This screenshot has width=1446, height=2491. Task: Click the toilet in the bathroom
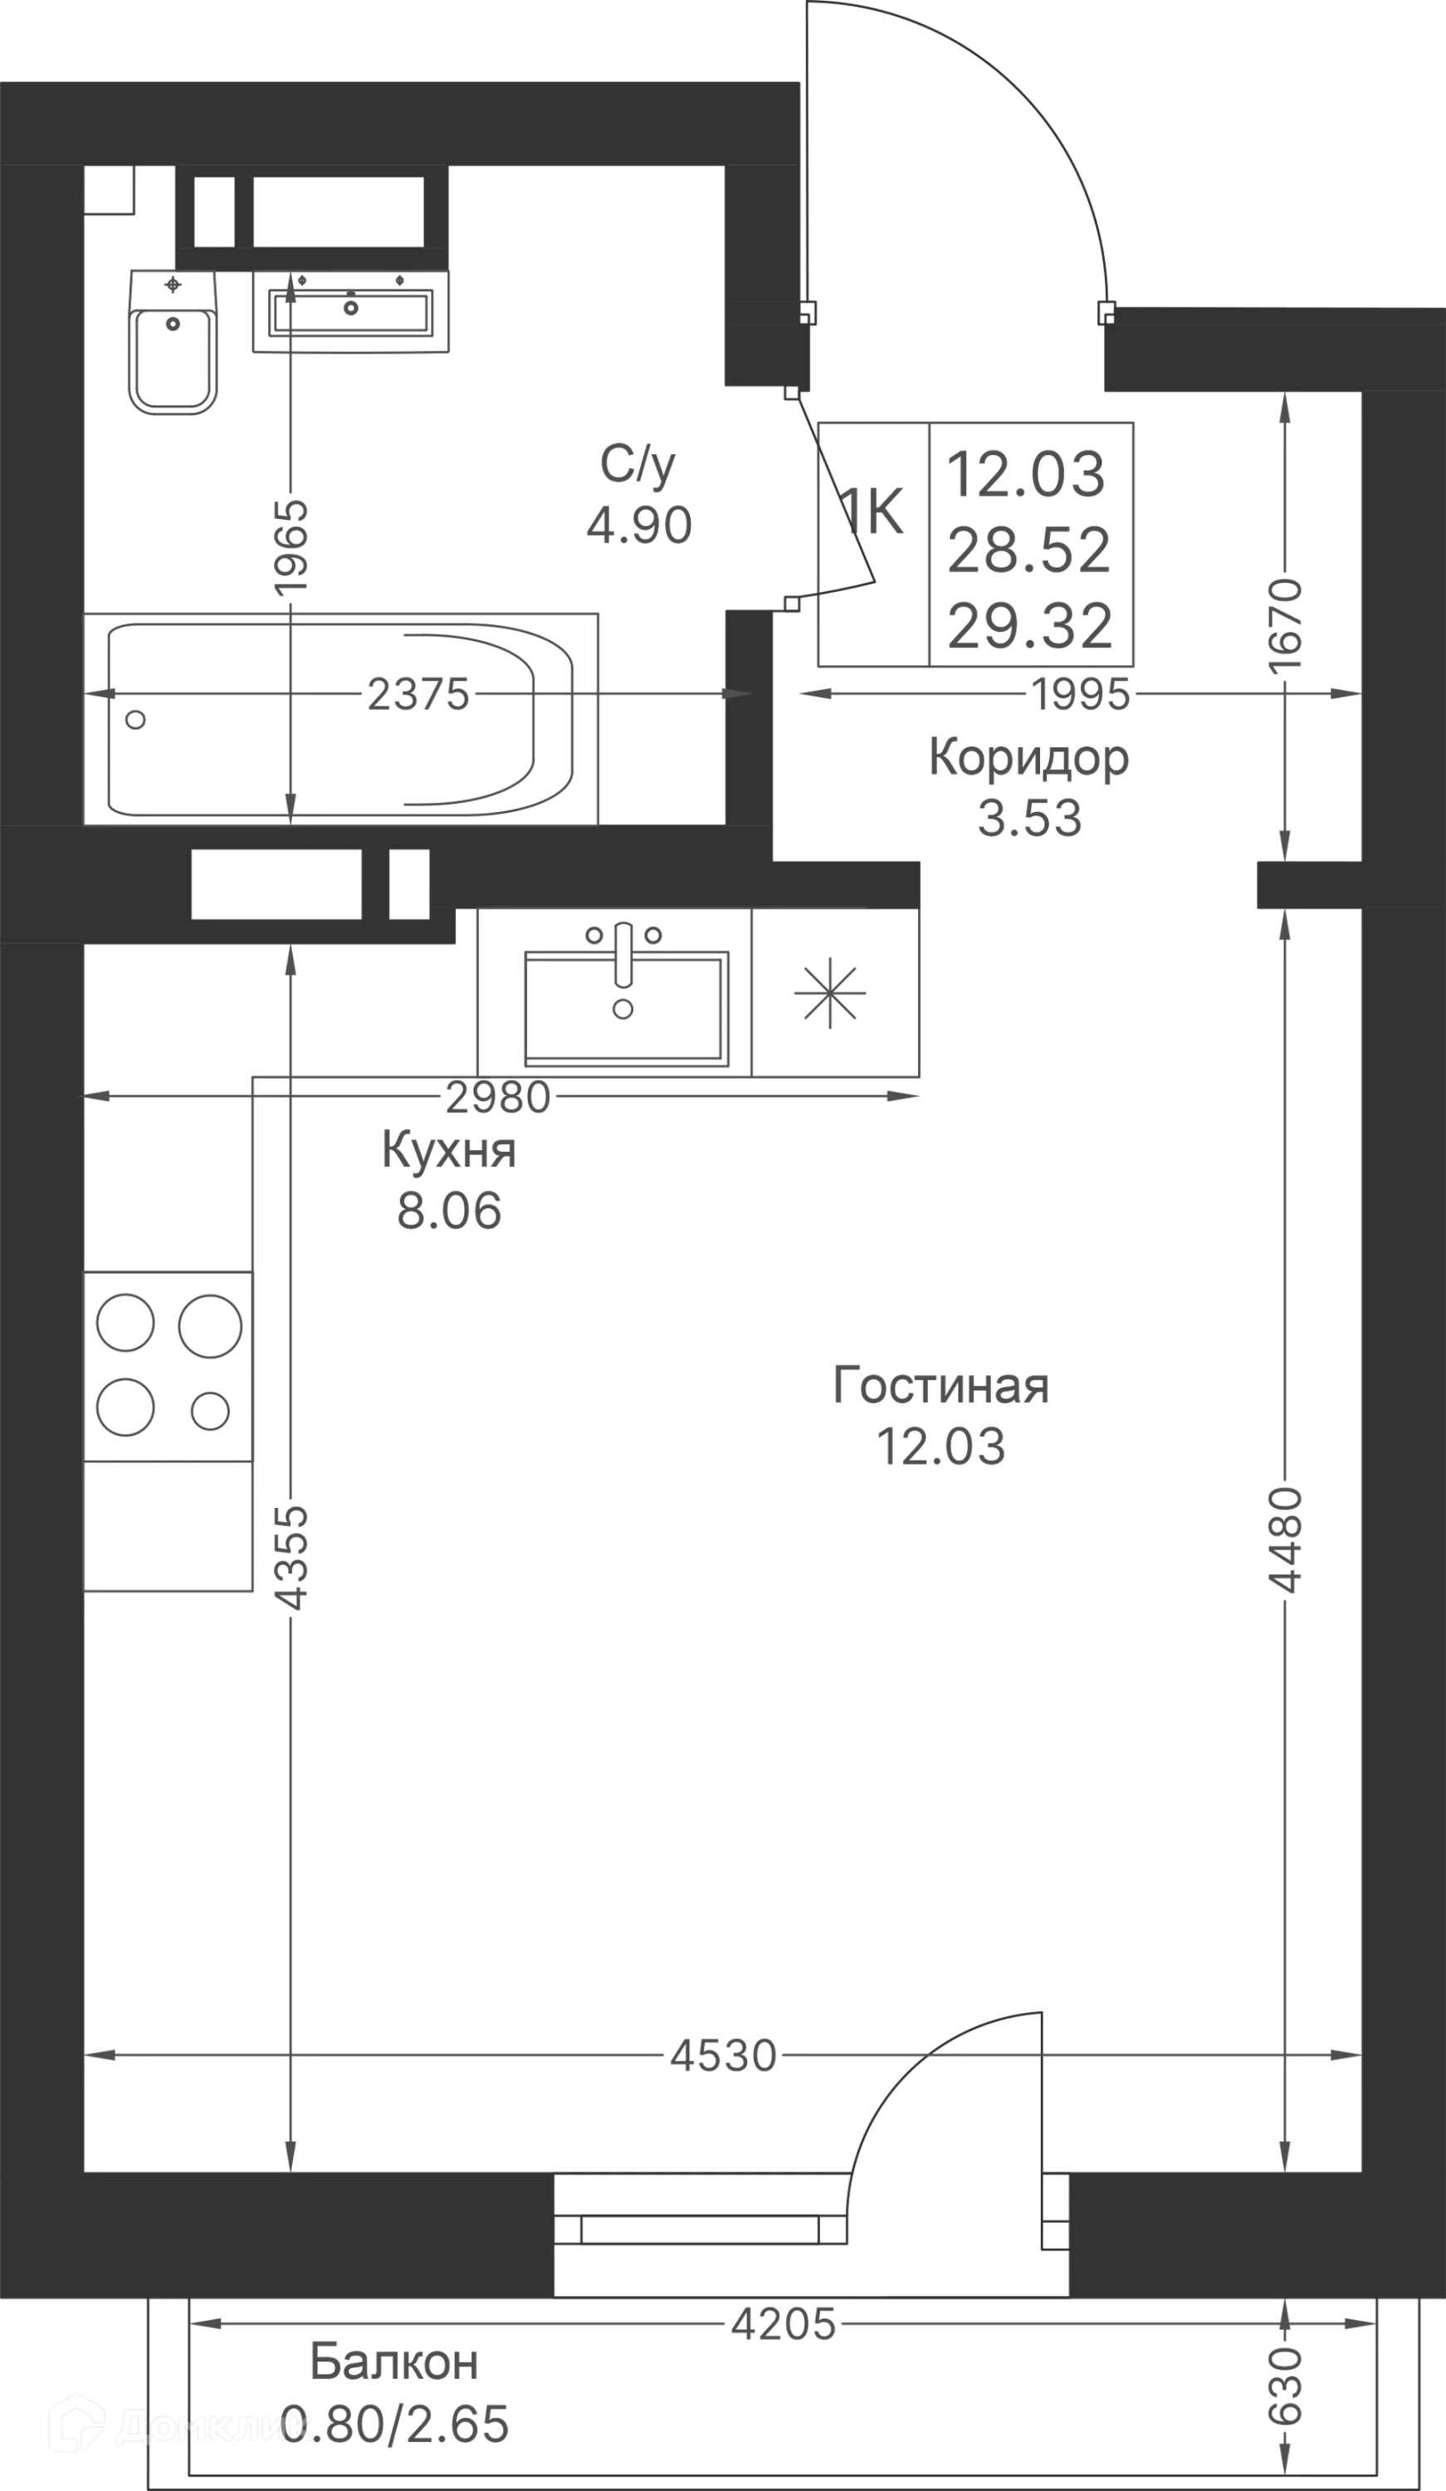[x=172, y=341]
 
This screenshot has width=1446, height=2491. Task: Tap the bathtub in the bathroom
[x=340, y=718]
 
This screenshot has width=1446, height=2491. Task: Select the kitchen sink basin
[x=626, y=1007]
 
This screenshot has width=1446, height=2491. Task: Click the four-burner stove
[x=168, y=1366]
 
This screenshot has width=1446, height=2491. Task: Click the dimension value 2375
[x=418, y=694]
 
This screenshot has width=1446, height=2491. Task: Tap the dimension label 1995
[x=1080, y=695]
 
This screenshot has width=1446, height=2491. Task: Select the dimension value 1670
[x=1286, y=624]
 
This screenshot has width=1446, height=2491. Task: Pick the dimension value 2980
[x=498, y=1097]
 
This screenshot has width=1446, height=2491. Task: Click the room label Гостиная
[x=941, y=1386]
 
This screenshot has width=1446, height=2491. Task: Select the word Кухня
[x=449, y=1152]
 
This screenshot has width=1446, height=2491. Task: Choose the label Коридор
[x=1029, y=759]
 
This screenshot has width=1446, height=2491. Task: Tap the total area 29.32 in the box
[x=1030, y=626]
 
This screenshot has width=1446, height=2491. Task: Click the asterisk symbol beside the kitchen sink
[x=830, y=992]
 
